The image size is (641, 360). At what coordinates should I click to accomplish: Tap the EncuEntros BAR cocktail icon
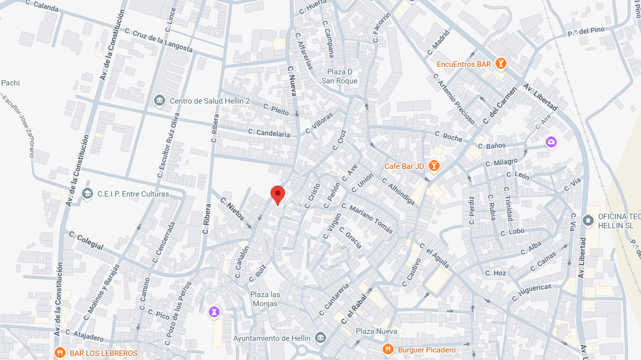[x=500, y=64]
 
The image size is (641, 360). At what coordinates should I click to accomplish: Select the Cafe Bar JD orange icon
[x=434, y=165]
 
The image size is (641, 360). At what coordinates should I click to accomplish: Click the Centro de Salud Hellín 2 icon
[x=159, y=101]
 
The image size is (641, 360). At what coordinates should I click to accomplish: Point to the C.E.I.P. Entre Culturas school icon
[x=87, y=194]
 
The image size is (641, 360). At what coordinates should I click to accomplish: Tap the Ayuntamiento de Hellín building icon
[x=320, y=338]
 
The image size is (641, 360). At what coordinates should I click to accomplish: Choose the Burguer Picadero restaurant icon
[x=388, y=349]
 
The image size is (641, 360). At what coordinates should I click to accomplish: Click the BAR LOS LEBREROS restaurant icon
[x=60, y=353]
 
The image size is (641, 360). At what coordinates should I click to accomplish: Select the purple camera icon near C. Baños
[x=551, y=142]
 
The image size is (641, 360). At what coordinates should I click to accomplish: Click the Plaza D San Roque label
[x=339, y=76]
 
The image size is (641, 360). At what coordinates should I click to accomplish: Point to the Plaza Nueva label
[x=377, y=331]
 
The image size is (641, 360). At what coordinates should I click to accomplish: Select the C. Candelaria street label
[x=269, y=133]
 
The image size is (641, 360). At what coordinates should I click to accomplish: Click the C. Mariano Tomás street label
[x=367, y=218]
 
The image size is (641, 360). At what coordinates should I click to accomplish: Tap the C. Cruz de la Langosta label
[x=158, y=40]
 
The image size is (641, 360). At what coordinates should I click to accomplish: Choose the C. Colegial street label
[x=86, y=241]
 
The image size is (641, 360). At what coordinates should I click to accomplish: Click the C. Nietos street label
[x=232, y=209]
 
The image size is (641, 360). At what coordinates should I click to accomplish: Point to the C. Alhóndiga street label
[x=398, y=192]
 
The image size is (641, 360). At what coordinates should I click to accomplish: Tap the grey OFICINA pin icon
[x=588, y=220]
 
